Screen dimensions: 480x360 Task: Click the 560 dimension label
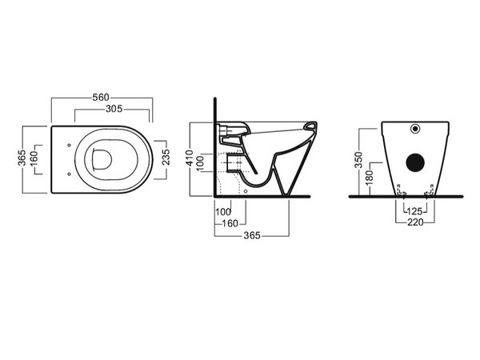101,98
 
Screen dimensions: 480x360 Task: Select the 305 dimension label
114,109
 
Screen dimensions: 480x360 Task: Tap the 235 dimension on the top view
166,157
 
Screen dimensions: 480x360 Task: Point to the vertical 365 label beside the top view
22,158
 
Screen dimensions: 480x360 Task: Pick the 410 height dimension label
190,158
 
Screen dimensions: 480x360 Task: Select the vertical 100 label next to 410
199,164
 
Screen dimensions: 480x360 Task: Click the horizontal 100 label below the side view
223,212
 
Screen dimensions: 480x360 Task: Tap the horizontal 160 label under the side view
230,223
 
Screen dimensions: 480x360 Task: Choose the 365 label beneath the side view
252,235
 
